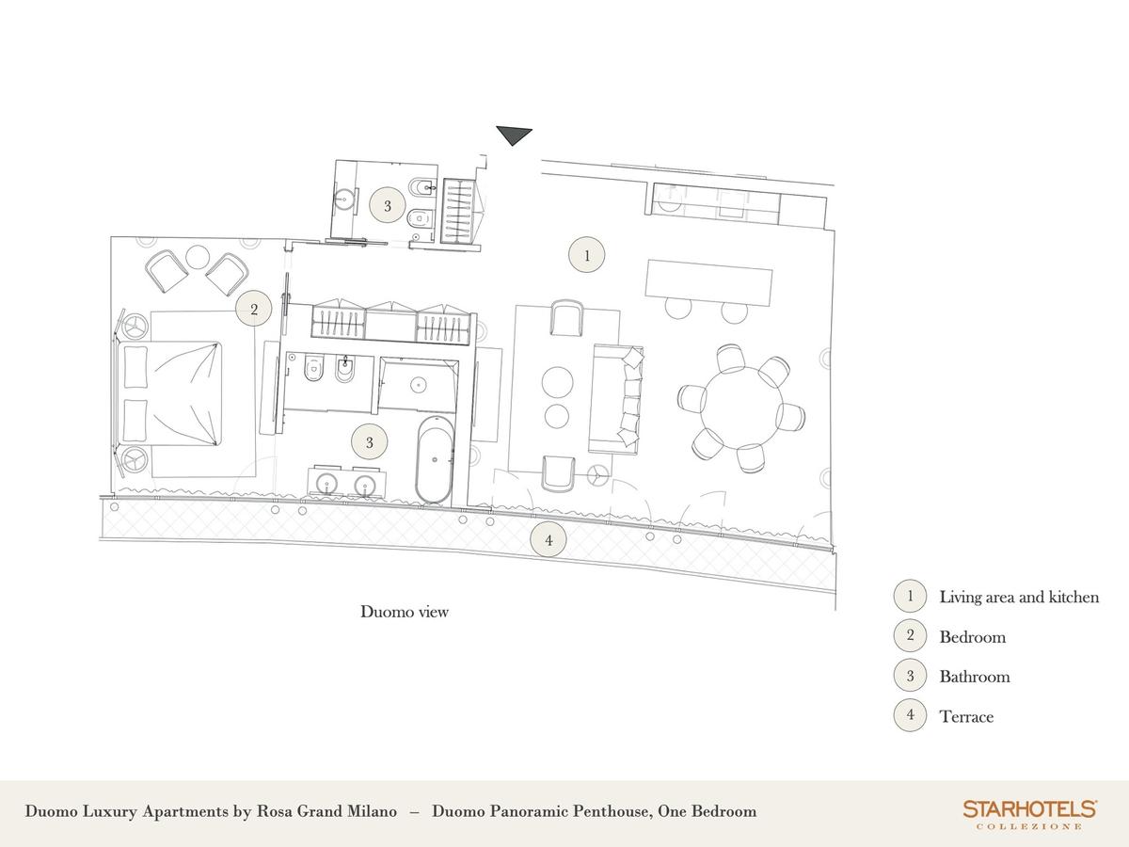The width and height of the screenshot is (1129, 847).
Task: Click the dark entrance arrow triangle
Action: [x=514, y=135]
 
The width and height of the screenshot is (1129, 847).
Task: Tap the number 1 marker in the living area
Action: [x=586, y=254]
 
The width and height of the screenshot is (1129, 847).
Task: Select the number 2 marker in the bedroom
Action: [x=254, y=309]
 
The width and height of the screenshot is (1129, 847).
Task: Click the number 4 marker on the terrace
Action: [x=549, y=540]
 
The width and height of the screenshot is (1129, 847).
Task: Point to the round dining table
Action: [x=742, y=407]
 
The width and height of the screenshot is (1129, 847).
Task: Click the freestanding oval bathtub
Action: [x=435, y=459]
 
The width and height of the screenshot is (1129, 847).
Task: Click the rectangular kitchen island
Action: [x=709, y=282]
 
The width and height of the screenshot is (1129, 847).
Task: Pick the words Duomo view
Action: [x=405, y=612]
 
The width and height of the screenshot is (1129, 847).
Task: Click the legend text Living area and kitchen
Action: [x=1020, y=597]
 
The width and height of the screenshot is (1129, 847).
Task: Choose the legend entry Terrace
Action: [x=966, y=716]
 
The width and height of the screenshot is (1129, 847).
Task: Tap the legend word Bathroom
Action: [x=975, y=677]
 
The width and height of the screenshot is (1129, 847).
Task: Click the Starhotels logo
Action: [x=1029, y=813]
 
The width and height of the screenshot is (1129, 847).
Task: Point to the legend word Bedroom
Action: [x=973, y=637]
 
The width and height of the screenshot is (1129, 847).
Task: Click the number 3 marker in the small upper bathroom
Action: [x=388, y=206]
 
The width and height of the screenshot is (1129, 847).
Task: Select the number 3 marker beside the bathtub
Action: [x=370, y=442]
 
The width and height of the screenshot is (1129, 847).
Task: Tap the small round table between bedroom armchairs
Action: [x=197, y=256]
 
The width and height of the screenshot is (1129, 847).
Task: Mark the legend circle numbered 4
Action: [x=910, y=714]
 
